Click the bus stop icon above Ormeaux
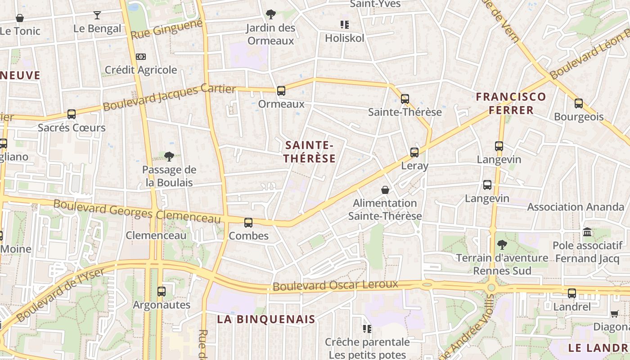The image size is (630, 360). [281, 91]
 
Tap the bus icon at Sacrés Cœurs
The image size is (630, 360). [72, 114]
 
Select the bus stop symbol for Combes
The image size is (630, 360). [248, 222]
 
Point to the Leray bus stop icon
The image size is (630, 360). [414, 153]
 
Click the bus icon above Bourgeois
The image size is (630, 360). [579, 103]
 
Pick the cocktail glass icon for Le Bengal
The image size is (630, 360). [97, 15]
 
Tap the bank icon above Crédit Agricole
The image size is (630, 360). [141, 57]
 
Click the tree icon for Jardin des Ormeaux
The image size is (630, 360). [270, 14]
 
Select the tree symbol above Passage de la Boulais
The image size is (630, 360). [169, 157]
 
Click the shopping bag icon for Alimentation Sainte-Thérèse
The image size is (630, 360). [385, 190]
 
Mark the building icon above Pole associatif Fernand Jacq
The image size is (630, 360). [587, 232]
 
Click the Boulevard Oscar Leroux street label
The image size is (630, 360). [336, 285]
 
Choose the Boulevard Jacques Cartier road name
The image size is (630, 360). [170, 98]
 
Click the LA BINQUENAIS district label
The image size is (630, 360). [266, 319]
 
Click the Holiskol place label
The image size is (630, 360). [345, 38]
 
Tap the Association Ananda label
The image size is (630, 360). [576, 207]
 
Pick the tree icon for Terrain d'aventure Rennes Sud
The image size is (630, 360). [502, 245]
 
